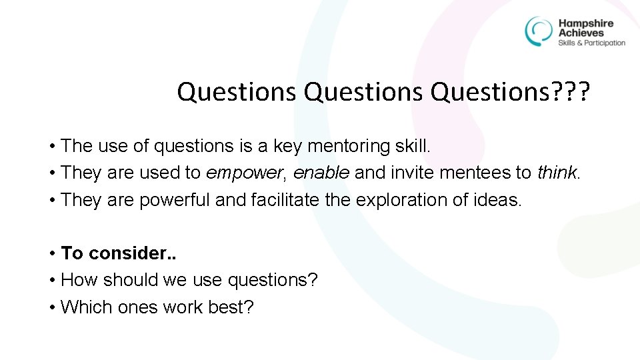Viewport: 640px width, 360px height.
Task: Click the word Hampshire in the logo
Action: [585, 23]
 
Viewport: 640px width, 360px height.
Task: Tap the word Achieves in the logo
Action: [581, 33]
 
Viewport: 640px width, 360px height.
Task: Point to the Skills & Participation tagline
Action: [591, 43]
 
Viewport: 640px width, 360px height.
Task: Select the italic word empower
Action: [243, 173]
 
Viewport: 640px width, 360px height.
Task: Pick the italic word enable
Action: [321, 173]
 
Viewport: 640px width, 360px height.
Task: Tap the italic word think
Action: [557, 173]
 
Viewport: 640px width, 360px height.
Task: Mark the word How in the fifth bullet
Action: [77, 280]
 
